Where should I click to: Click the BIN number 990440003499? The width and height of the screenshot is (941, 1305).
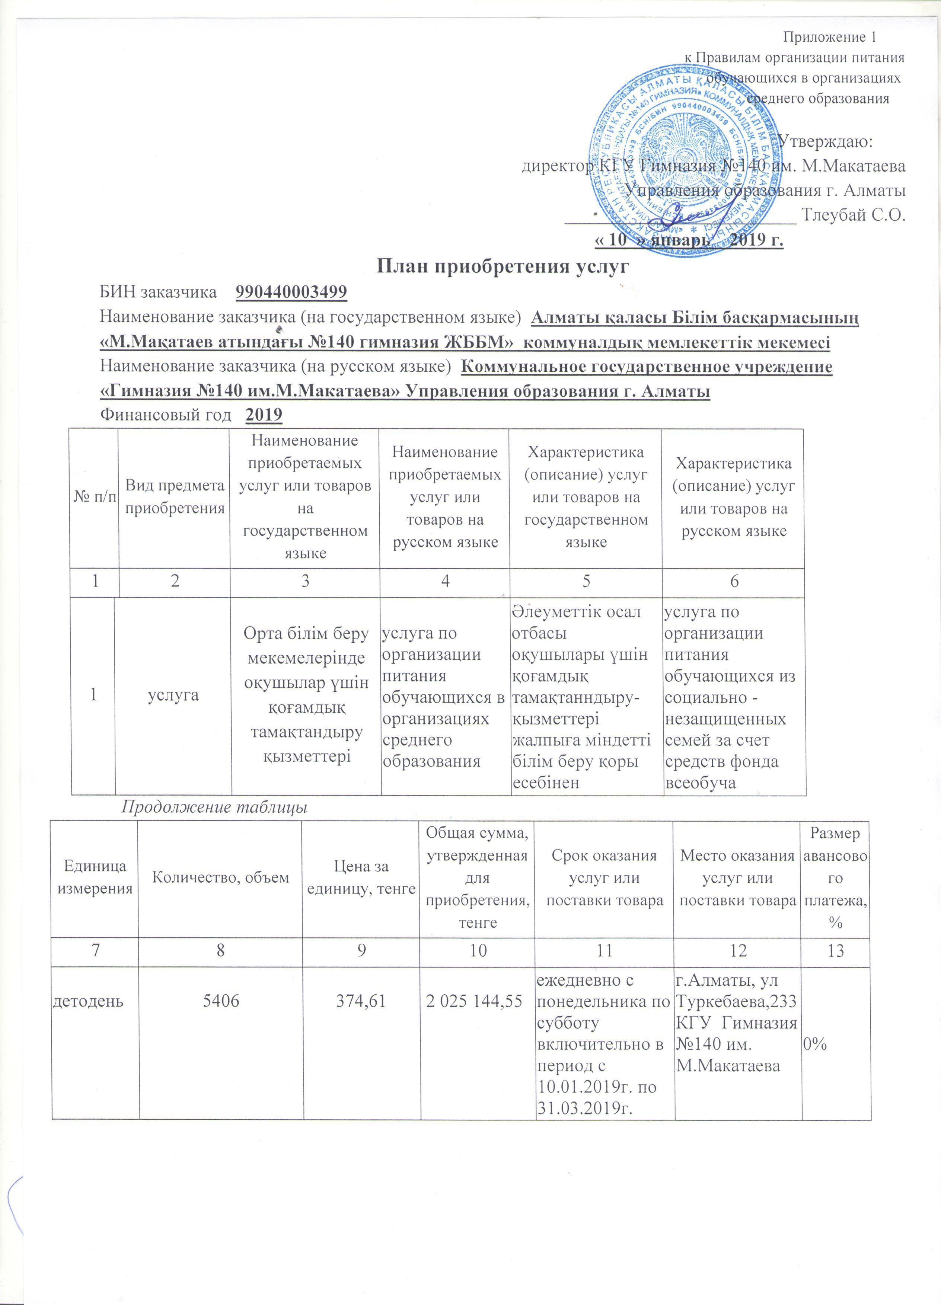[291, 292]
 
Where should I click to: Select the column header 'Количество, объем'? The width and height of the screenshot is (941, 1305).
[220, 877]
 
